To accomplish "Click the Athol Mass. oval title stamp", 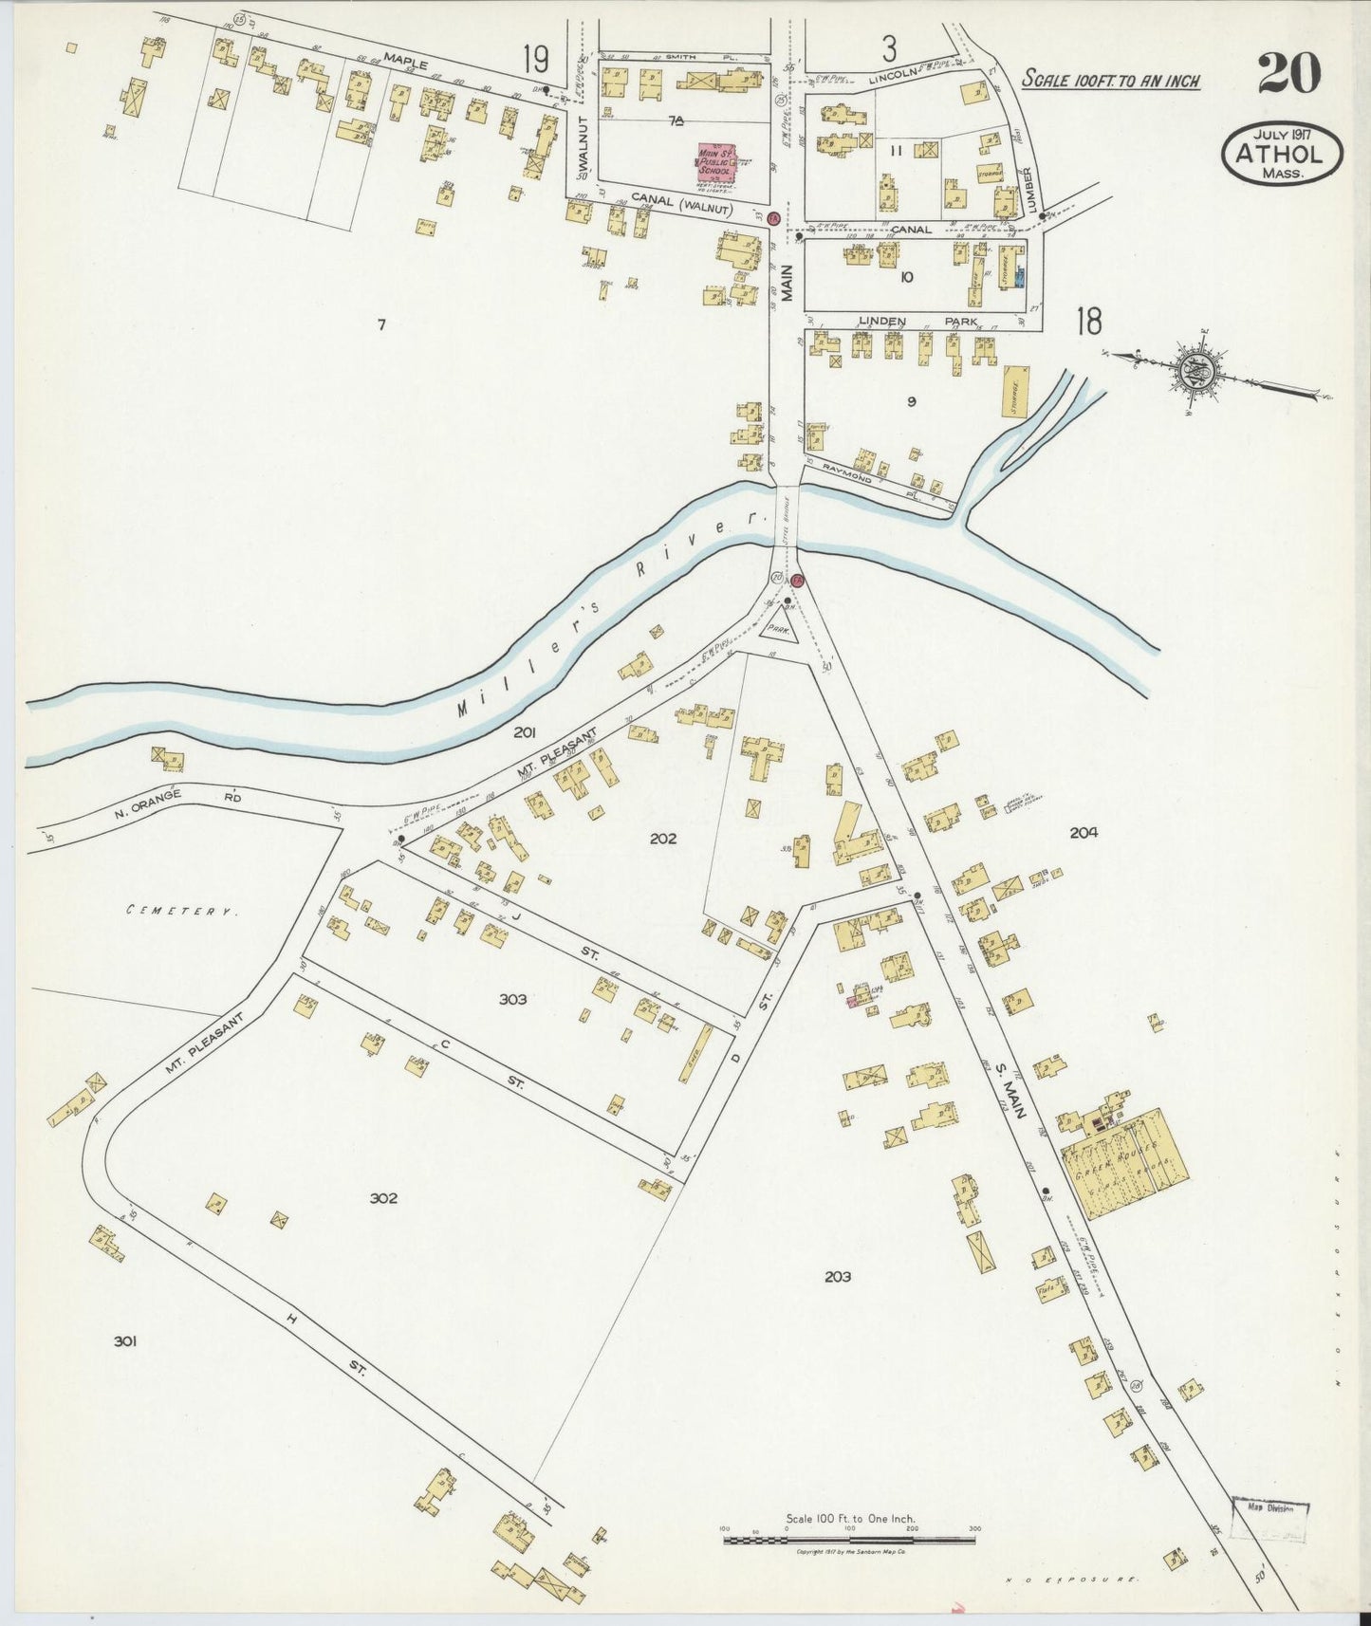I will click(1282, 153).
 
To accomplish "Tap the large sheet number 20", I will click(1289, 73).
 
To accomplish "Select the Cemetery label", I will click(180, 911).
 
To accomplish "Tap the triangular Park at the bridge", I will click(780, 628).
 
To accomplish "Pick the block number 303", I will click(512, 999).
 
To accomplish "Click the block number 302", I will click(383, 1198).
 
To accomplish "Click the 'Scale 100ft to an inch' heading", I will click(1110, 80).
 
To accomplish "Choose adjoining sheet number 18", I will click(1089, 323).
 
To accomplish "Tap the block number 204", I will click(1084, 832).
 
